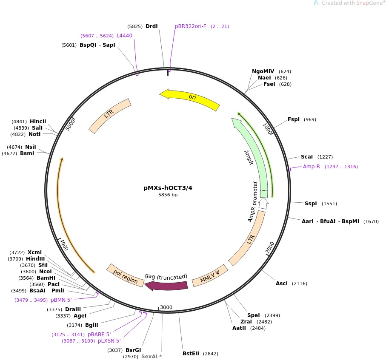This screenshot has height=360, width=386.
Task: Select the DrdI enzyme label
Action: pos(152,26)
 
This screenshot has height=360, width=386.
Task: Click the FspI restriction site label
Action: pos(294,119)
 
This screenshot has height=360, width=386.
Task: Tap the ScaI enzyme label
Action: pos(307,156)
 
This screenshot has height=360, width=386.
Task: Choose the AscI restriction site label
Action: pos(282,283)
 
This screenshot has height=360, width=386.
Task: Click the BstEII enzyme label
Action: pos(191,353)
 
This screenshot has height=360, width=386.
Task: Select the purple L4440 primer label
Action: pos(124,36)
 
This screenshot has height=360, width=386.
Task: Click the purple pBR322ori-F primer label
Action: pos(190,26)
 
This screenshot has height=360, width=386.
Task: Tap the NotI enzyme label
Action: pos(34,134)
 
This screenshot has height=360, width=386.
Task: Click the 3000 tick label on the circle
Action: pos(166,307)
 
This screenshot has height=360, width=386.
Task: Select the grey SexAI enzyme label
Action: pos(152,356)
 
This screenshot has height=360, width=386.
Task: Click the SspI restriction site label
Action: pos(311,204)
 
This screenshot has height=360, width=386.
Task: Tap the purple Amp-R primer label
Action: pos(312,167)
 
